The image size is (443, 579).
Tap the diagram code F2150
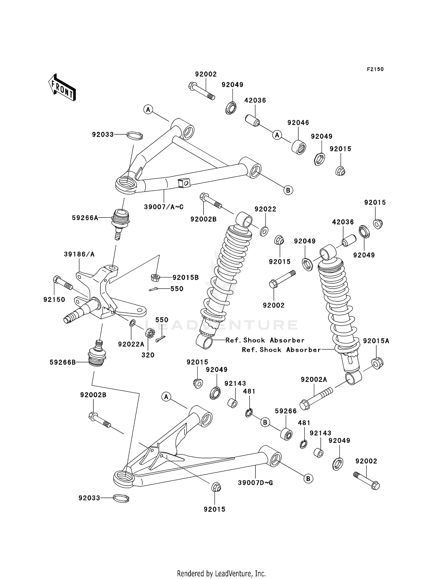pos(375,69)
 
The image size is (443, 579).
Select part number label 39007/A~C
pos(164,207)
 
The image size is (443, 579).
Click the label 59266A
pos(85,218)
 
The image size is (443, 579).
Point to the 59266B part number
pos(63,362)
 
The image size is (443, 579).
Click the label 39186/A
pos(79,254)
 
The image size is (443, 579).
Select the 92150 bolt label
pos(54,300)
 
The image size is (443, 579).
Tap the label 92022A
pos(131,344)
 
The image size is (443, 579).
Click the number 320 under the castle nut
pos(148,355)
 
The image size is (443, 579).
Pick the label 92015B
pos(185,277)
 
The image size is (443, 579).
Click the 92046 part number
pos(298,122)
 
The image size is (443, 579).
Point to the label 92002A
pos(314,380)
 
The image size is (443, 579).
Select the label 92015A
pos(376,341)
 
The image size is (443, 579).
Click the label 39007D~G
pos(255,483)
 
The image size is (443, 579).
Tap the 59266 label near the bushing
pos(286,411)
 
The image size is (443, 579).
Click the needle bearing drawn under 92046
pos(299,147)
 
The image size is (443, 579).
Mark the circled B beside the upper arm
pos(288,190)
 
